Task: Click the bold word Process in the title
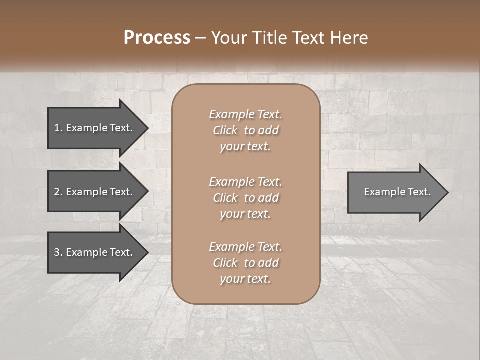[x=157, y=38]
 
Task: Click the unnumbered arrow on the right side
[x=395, y=192]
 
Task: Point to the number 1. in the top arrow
[x=58, y=128]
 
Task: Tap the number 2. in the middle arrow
[x=58, y=192]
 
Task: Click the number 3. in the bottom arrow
[x=58, y=252]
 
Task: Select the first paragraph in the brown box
[x=245, y=130]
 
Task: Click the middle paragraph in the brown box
[x=245, y=197]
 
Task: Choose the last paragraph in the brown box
[x=245, y=263]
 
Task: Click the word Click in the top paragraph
[x=225, y=130]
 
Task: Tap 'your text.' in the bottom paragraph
[x=245, y=279]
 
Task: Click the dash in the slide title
[x=201, y=38]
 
